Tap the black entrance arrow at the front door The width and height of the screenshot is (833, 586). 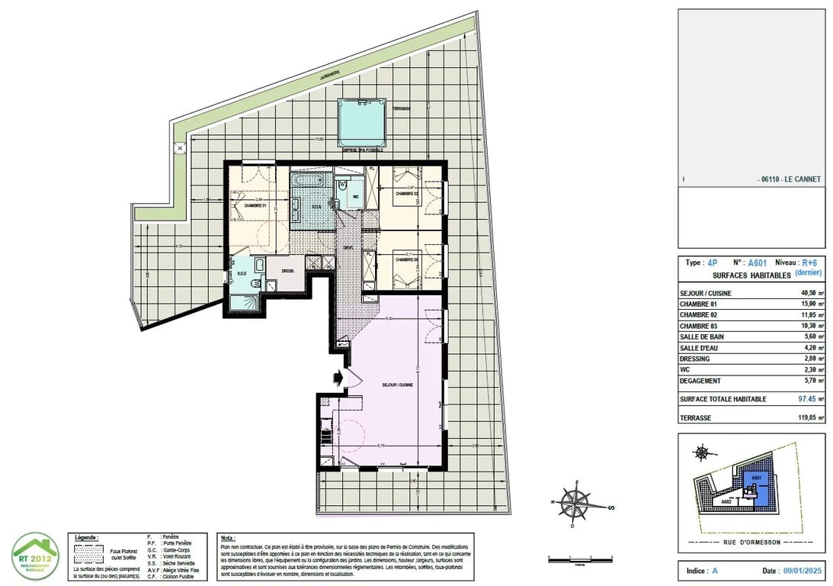click(x=338, y=376)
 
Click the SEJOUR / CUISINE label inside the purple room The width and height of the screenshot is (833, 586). click(x=398, y=385)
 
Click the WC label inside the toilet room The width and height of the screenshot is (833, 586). click(x=354, y=196)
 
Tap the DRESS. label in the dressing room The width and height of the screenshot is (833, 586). click(x=288, y=270)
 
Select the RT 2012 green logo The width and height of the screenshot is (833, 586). click(x=35, y=555)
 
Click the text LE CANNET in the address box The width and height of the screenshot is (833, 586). click(x=801, y=179)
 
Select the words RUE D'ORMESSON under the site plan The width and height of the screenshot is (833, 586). click(x=751, y=543)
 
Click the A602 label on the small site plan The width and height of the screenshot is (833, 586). click(x=727, y=502)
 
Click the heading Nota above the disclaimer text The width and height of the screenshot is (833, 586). click(x=227, y=538)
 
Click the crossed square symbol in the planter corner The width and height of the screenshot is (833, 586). click(x=180, y=147)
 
